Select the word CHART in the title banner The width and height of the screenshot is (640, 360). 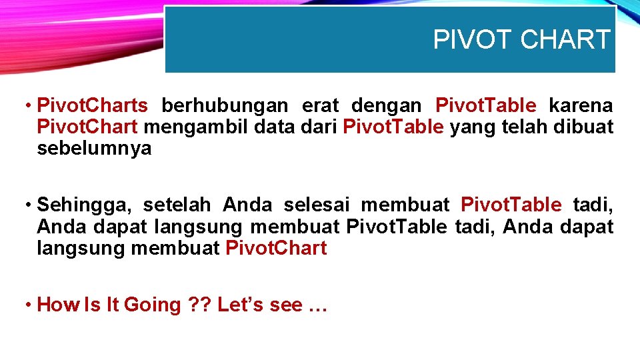[x=565, y=40]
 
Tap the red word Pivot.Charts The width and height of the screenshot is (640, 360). [x=93, y=105]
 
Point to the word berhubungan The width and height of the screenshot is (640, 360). [x=225, y=105]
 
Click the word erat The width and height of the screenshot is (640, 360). [x=320, y=105]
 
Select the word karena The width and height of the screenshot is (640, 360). [x=581, y=105]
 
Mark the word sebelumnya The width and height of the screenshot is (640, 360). [x=94, y=148]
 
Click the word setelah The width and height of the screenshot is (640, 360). [x=177, y=204]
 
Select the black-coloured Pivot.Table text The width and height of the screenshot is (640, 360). [x=397, y=227]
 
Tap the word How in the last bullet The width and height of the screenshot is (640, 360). [x=57, y=305]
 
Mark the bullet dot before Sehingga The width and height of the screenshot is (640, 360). [x=28, y=204]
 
